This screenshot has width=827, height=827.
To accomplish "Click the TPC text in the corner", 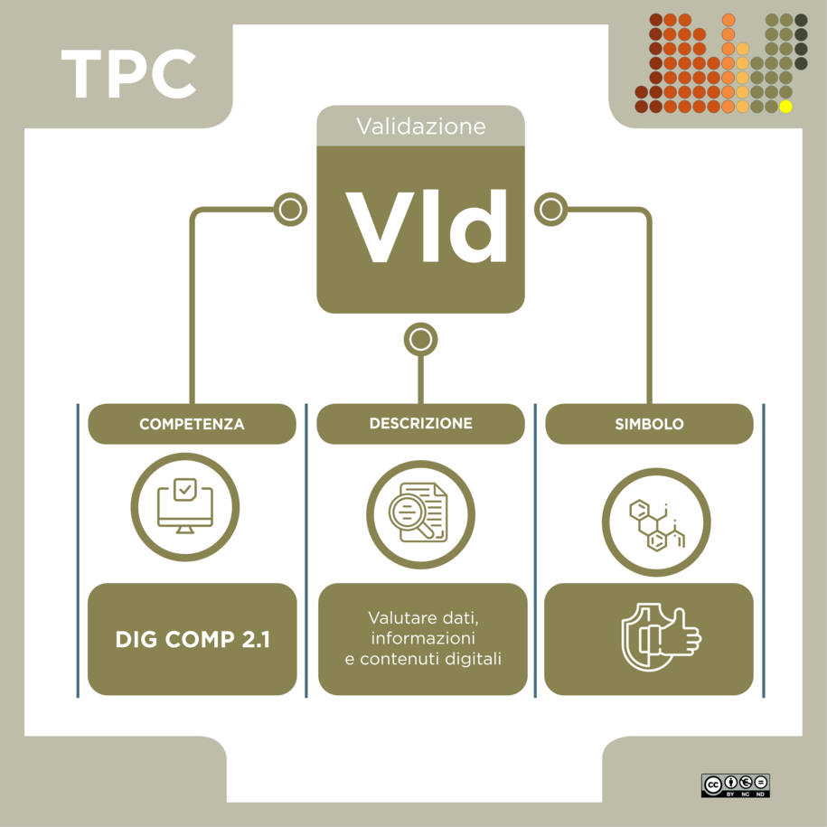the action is [x=128, y=73].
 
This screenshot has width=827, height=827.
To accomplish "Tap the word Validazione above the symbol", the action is [x=421, y=127].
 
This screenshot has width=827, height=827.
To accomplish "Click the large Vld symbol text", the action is [x=427, y=226].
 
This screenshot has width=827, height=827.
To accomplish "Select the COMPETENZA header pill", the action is [x=192, y=424].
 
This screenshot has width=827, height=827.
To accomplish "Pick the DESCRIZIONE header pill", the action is [x=421, y=424].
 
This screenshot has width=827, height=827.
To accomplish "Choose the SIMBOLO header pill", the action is [x=649, y=424].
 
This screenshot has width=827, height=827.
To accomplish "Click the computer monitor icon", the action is [x=185, y=506].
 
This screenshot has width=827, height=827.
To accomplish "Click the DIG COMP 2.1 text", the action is [x=193, y=639].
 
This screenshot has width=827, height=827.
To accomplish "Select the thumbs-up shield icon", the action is [x=662, y=637].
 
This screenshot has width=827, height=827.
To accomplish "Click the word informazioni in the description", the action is [x=423, y=638].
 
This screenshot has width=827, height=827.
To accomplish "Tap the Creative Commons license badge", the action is [x=735, y=785].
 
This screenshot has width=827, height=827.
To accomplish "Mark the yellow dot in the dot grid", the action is [x=785, y=107].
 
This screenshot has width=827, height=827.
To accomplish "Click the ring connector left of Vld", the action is [x=291, y=210].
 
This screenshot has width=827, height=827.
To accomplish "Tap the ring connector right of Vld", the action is [x=551, y=210].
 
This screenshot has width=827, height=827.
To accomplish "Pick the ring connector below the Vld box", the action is [x=421, y=339].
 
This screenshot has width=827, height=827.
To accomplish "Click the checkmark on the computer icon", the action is [x=185, y=490].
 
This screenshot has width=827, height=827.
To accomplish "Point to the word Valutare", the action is [x=395, y=617].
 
